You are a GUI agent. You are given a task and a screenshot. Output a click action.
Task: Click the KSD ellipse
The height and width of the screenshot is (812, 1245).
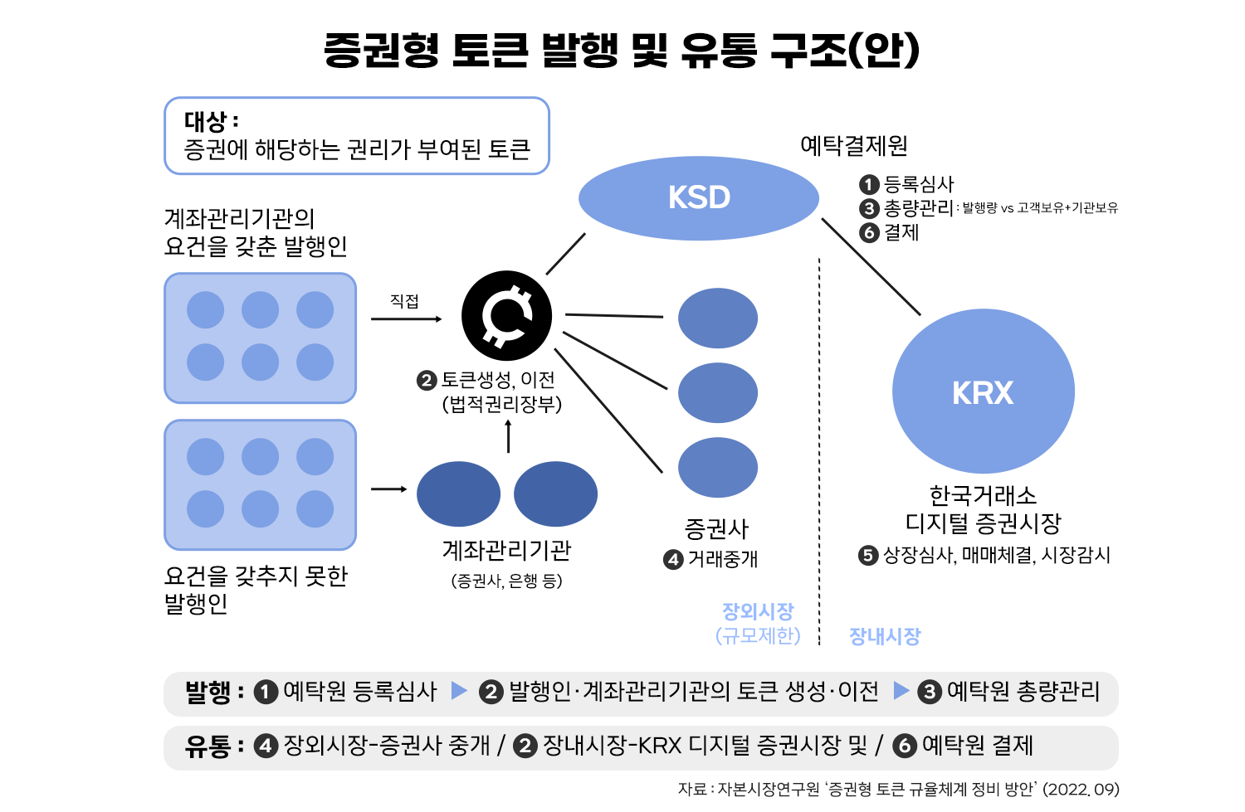(698, 198)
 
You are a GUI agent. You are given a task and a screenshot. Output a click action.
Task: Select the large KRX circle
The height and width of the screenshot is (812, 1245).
(983, 391)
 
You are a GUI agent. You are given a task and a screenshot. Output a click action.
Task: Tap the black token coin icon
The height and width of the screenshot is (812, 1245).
(506, 315)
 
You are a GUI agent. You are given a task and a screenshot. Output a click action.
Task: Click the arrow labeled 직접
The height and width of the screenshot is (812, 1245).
(406, 318)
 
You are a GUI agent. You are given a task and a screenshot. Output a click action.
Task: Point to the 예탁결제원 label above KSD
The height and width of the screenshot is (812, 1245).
(853, 146)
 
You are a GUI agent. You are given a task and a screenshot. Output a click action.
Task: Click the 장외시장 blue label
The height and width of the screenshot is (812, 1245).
(758, 612)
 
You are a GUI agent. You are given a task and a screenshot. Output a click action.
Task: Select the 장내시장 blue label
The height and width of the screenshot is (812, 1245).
(885, 636)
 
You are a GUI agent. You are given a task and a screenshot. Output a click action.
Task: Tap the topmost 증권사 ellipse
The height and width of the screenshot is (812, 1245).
(718, 318)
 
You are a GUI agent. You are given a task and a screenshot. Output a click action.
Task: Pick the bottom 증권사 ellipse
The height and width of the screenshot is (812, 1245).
(718, 468)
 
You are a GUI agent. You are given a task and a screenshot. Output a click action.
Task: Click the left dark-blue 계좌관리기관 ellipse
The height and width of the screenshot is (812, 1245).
(458, 494)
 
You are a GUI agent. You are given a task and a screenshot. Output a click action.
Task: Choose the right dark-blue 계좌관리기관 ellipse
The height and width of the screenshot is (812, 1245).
(555, 494)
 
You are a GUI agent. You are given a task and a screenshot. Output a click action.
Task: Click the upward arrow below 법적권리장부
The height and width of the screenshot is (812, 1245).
(509, 436)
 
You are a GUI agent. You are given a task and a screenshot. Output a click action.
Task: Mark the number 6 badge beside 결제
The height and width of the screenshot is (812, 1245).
(869, 233)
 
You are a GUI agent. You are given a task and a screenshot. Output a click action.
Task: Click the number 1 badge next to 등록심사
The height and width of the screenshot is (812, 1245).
(869, 184)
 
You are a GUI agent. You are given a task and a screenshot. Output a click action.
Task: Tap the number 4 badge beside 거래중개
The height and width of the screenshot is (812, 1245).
(673, 560)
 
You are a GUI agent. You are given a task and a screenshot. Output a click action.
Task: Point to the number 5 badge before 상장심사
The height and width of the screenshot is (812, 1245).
(868, 555)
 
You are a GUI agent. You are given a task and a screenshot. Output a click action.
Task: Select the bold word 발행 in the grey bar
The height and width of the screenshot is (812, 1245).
(207, 692)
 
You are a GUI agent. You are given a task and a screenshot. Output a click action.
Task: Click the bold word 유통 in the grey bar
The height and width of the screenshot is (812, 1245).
(207, 746)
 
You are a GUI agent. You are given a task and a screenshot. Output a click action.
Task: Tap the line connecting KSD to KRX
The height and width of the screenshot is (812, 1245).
(871, 267)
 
